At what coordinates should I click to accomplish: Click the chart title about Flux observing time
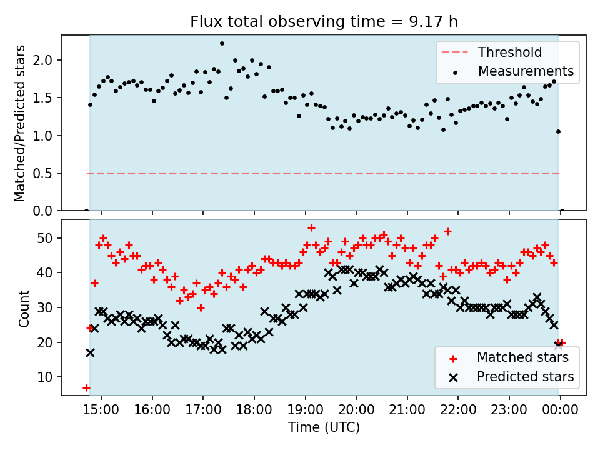(x=324, y=22)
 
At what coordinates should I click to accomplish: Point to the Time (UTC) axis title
(x=324, y=428)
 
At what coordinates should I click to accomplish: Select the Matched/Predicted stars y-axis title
(x=20, y=123)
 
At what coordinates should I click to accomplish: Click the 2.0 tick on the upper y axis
(x=46, y=61)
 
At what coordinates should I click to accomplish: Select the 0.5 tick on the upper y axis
(x=46, y=173)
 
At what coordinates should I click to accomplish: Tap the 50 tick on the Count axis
(x=49, y=238)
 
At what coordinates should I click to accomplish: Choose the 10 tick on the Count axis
(x=49, y=377)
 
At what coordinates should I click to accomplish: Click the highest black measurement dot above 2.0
(x=222, y=44)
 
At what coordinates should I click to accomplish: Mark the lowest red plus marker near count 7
(x=86, y=387)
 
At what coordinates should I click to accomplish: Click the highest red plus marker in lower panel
(x=311, y=227)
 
